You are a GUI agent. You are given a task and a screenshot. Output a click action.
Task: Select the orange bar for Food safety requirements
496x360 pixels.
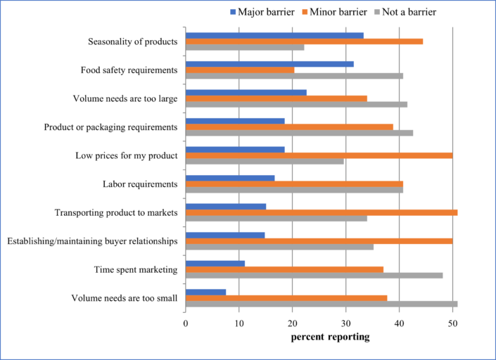(240, 70)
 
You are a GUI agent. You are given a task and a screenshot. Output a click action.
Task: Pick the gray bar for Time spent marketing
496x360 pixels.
(314, 275)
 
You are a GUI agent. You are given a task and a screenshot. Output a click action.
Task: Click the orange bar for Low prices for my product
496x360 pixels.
(319, 155)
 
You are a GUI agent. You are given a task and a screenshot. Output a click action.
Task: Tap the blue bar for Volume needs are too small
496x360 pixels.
(205, 292)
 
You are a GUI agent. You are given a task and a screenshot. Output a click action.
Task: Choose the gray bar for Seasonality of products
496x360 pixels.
(245, 47)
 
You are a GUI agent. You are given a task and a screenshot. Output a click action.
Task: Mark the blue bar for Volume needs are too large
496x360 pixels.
(246, 92)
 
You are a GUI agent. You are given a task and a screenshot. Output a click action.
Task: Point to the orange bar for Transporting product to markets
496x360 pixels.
(321, 212)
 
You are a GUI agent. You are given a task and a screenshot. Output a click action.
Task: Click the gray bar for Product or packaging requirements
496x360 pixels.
(299, 132)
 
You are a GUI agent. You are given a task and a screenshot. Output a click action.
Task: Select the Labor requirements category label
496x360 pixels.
(139, 184)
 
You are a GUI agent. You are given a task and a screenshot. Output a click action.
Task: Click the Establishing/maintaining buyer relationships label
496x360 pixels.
(91, 241)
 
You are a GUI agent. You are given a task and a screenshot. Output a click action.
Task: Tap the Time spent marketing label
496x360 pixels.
(135, 269)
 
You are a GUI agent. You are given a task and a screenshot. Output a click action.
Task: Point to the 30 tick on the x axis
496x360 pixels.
(345, 323)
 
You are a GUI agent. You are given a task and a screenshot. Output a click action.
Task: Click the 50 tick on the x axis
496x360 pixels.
(452, 323)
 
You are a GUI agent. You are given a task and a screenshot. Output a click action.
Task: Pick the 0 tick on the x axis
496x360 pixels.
(186, 323)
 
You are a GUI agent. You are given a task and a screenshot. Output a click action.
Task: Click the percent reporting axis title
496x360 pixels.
(330, 337)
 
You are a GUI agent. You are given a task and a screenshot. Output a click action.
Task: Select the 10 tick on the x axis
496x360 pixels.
(239, 323)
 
